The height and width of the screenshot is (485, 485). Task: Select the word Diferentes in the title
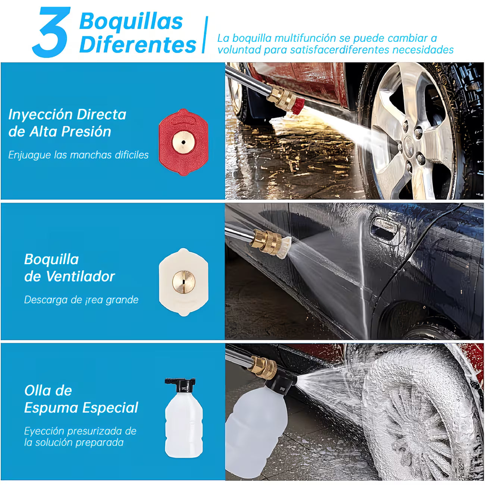pos(138,45)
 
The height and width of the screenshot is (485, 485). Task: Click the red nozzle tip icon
pos(183,142)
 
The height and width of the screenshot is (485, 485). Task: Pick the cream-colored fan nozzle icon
pos(183,282)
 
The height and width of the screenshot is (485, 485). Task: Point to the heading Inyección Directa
pos(68,115)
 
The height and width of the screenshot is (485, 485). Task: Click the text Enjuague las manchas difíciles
pos(78,155)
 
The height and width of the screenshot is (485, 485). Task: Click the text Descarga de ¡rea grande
pos(81,300)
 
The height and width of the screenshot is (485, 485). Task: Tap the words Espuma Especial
pos(81,407)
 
